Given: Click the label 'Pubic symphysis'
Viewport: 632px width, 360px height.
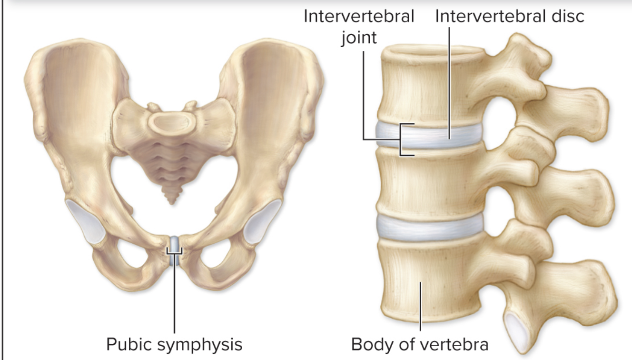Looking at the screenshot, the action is [174, 344].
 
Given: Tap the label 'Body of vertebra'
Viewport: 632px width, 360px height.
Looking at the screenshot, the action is [420, 344].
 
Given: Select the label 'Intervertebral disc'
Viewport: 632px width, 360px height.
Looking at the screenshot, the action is [509, 16].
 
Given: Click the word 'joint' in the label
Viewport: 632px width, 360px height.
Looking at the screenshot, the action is [359, 37].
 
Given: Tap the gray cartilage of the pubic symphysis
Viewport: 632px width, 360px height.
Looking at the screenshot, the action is [175, 245].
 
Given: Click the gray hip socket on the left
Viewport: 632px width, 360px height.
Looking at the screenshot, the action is [87, 221].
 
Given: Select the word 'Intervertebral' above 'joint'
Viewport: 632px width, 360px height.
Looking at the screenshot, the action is [359, 16].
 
